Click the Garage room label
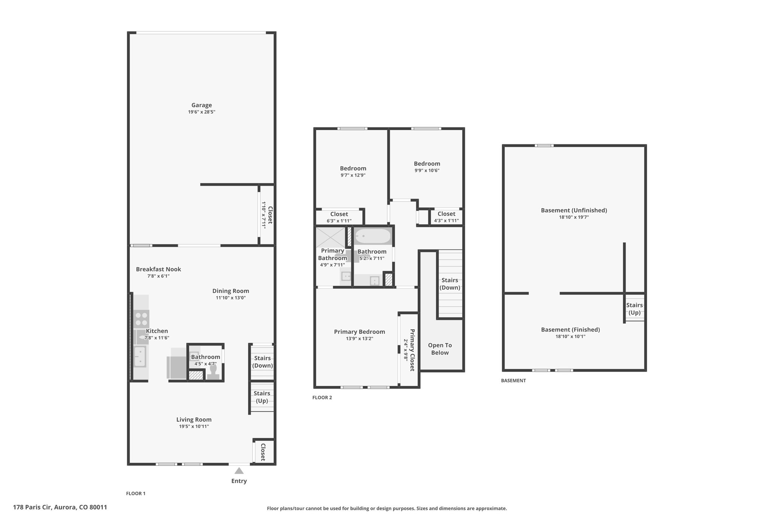[x=201, y=105]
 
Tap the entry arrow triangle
[x=239, y=471]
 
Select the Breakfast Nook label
[x=158, y=269]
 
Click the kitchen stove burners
[x=141, y=319]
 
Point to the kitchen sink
[x=140, y=357]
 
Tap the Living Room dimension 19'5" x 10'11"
[x=194, y=426]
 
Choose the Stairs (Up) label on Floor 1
[x=262, y=397]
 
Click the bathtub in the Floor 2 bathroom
[x=373, y=236]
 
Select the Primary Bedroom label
[x=359, y=332]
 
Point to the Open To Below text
[x=440, y=349]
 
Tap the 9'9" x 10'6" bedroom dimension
[x=427, y=170]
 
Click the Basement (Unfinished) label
[x=574, y=210]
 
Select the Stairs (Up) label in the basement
[x=634, y=309]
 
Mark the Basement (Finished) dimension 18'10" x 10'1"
[x=570, y=336]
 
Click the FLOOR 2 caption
[x=322, y=397]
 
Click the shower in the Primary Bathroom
[x=331, y=237]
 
